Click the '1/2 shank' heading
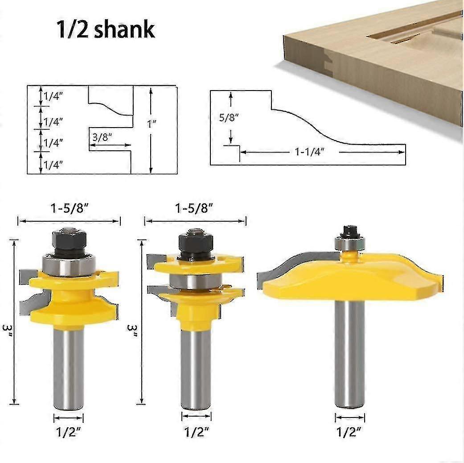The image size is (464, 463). coord(106,29)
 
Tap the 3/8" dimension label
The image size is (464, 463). coord(102,137)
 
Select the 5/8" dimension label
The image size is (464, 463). coord(229,118)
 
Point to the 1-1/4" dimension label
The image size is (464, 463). coord(310,152)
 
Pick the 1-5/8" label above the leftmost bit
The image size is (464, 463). coord(70,209)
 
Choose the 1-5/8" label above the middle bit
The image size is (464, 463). coord(194,209)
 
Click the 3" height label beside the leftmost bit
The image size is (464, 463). coord(7,331)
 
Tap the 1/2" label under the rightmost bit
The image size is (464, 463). coord(349,432)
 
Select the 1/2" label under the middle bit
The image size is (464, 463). coord(197,432)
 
